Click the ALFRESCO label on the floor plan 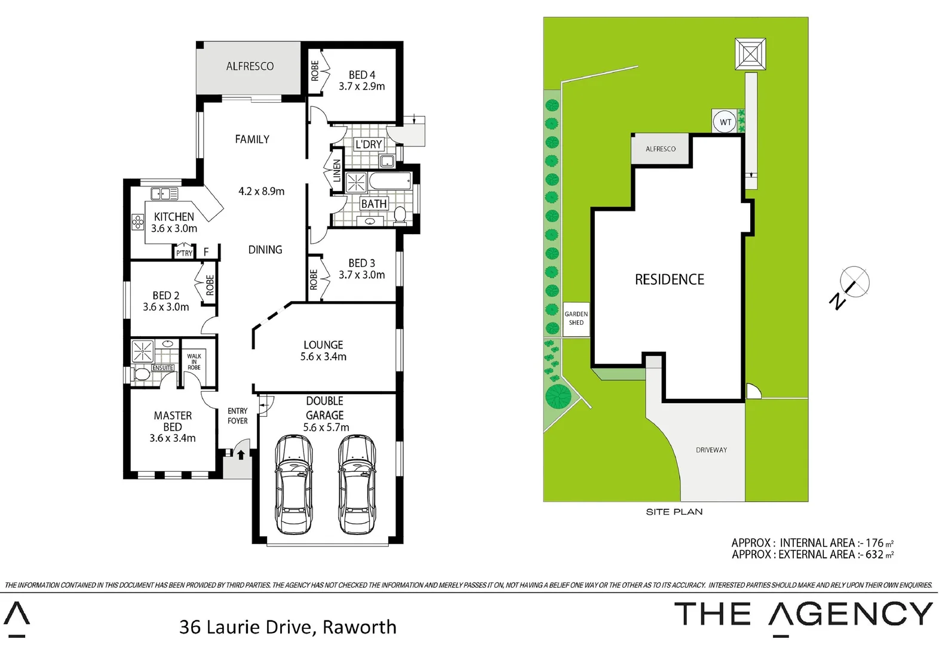click(250, 66)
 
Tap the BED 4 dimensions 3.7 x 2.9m click(361, 86)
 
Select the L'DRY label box click(369, 145)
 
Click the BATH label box click(374, 204)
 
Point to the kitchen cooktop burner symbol click(138, 223)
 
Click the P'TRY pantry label click(184, 253)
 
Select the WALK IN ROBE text click(194, 361)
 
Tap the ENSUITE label click(162, 368)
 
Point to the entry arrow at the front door click(241, 454)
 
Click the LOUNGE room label click(323, 345)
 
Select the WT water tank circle click(725, 122)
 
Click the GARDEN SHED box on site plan click(576, 318)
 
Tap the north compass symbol click(854, 281)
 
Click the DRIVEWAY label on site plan click(711, 450)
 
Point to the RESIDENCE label click(669, 279)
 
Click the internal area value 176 click(874, 543)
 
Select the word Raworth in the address click(359, 627)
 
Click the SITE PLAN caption click(674, 512)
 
